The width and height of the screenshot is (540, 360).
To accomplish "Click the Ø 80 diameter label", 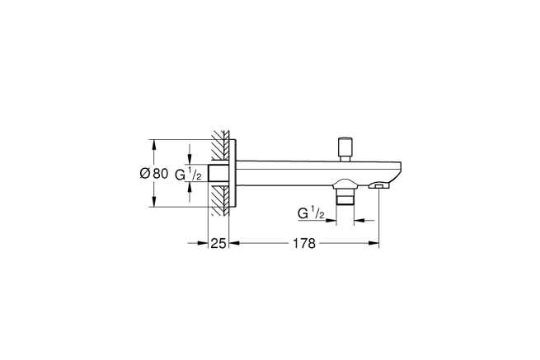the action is [x=154, y=174].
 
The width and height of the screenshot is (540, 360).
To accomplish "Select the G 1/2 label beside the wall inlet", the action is [x=188, y=174].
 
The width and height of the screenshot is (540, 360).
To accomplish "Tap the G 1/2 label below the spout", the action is [x=311, y=213].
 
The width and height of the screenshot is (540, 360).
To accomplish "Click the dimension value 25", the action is [x=218, y=243].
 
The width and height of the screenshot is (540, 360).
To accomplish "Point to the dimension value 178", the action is [x=304, y=243].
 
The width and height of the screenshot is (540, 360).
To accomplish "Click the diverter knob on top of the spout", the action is [x=344, y=149].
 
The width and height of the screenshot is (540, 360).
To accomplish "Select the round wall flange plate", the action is [x=232, y=174].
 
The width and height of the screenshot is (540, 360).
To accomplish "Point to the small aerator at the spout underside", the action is [x=378, y=186].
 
